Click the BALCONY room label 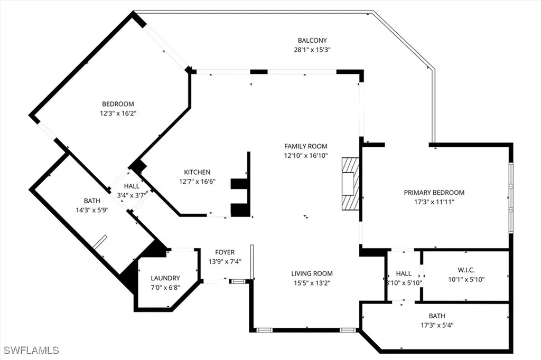click(312, 40)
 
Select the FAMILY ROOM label click(305, 146)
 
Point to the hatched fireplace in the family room click(350, 184)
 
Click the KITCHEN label click(197, 172)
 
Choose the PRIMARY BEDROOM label click(434, 193)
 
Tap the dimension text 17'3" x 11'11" click(434, 202)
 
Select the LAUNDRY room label click(165, 278)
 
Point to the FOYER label click(225, 252)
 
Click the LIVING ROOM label click(312, 273)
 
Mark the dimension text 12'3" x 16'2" click(118, 113)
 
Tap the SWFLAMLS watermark click(31, 350)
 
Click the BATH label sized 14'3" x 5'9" click(91, 201)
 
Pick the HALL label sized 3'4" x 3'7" click(132, 186)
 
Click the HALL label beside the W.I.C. click(404, 273)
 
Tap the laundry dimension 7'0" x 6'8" click(165, 287)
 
